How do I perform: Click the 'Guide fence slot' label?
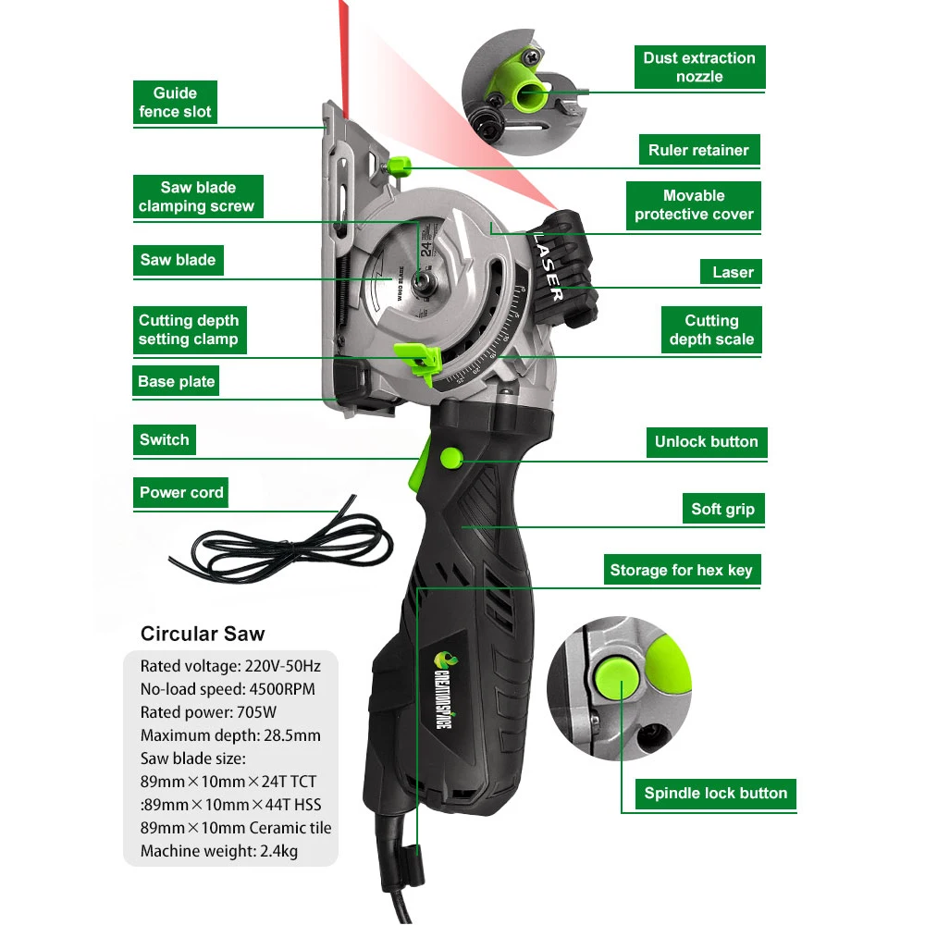[175, 103]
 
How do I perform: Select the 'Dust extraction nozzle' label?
[699, 68]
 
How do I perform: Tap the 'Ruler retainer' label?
[698, 150]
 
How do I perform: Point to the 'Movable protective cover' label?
[694, 205]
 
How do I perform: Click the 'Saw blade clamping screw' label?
[196, 197]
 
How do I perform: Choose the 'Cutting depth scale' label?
[711, 330]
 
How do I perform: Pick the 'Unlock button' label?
[706, 441]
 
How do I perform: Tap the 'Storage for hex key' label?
[681, 570]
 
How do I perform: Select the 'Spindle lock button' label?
[715, 793]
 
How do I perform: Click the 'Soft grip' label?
[722, 509]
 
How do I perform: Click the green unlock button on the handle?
[450, 457]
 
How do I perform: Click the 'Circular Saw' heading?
[202, 634]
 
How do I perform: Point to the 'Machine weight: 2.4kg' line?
[218, 851]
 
